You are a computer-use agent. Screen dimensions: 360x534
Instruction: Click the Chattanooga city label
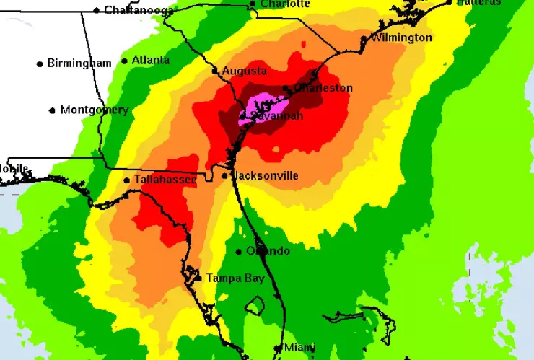coord(139,10)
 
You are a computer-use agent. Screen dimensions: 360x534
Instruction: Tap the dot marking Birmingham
coord(40,63)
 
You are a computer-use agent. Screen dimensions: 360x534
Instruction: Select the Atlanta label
coord(151,61)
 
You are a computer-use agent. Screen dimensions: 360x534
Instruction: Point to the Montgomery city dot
coord(53,110)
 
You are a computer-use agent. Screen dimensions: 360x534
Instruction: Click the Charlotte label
coord(285,4)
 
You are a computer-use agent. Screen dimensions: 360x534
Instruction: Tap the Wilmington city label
coord(401,38)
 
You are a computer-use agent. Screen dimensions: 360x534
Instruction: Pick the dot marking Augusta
coord(214,71)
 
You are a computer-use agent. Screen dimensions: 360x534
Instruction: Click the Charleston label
coord(323,89)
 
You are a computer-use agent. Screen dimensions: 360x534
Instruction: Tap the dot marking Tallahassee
coord(127,180)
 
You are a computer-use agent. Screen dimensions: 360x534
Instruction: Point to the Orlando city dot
coord(239,252)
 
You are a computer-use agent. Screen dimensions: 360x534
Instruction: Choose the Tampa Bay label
coord(235,278)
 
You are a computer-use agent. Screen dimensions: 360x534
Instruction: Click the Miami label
coord(299,348)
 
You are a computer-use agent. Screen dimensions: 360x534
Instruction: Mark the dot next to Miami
coord(277,348)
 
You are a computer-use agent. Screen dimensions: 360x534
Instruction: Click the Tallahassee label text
coord(165,180)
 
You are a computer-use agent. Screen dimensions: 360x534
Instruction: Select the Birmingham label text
coord(79,63)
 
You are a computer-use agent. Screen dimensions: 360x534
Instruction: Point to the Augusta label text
coord(245,71)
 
